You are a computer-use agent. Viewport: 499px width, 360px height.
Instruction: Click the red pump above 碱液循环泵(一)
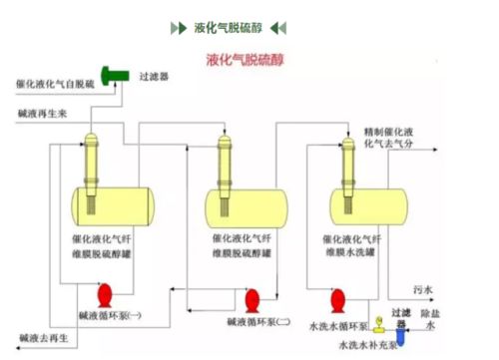pos(103,294)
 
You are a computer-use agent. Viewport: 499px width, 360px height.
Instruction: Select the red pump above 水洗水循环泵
pos(337,298)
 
